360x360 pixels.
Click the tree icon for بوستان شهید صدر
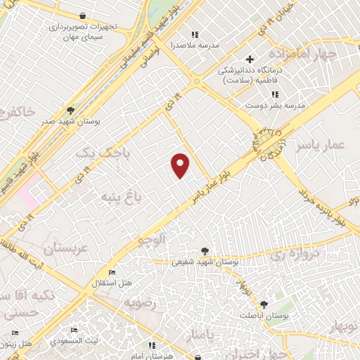pyautogui.click(x=70, y=110)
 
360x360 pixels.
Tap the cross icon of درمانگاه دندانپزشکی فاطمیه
pyautogui.click(x=249, y=59)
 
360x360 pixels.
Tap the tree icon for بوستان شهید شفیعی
pyautogui.click(x=205, y=250)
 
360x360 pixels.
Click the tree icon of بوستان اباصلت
pyautogui.click(x=264, y=304)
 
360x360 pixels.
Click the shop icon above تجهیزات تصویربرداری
pyautogui.click(x=83, y=15)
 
